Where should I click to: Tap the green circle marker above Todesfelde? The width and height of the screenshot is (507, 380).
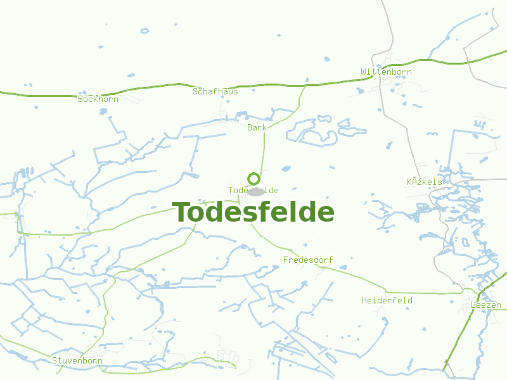pos(253,179)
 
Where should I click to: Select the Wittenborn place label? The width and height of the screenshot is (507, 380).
pos(386,72)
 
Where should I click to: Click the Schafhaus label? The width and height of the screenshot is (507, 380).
pos(215,91)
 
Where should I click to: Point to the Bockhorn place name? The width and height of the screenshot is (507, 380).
pos(98,99)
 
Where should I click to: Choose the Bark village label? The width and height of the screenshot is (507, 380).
pos(257,127)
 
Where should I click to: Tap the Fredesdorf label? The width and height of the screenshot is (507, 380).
pos(308,260)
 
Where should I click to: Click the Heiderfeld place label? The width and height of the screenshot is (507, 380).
pos(387,300)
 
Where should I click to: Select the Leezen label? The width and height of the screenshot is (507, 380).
pos(486,305)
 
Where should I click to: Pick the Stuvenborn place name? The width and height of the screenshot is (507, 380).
pos(77,361)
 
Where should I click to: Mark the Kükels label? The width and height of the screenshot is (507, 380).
pos(424,182)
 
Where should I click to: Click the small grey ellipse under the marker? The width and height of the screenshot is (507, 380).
pos(255,191)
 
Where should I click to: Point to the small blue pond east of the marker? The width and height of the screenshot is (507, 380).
pos(286,168)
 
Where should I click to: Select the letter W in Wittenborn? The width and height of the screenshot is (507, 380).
pos(364,72)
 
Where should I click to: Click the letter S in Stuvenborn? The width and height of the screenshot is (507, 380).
pos(55,361)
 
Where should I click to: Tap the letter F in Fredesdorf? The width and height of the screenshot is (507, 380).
pos(286,260)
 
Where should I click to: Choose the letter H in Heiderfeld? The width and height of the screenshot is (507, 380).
pos(364,300)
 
